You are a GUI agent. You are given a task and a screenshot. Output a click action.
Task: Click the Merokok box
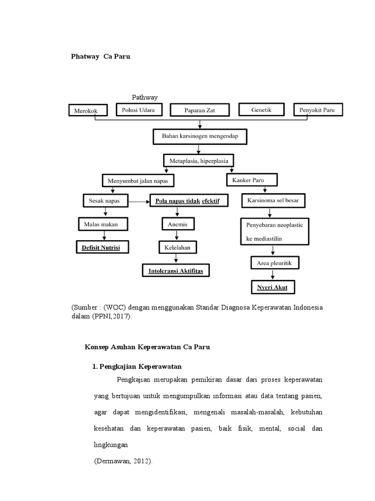(85, 111)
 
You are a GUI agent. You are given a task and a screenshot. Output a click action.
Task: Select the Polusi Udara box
(139, 110)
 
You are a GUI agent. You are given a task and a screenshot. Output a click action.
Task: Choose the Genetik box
(261, 110)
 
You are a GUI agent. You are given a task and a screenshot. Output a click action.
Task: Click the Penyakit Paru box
(318, 110)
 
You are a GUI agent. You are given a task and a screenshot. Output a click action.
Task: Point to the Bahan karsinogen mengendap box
(200, 137)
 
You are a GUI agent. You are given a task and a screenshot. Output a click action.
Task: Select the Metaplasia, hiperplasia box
(198, 160)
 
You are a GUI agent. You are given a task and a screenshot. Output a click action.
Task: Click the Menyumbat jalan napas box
(138, 181)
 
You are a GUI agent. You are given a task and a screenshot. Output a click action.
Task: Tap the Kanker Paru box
(252, 180)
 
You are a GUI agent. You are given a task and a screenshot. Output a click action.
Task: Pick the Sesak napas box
(104, 201)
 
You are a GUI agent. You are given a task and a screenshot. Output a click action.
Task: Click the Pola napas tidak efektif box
(188, 201)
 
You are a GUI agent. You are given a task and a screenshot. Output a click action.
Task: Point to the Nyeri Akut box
(272, 287)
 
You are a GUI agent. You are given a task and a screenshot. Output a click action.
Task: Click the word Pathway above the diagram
(145, 97)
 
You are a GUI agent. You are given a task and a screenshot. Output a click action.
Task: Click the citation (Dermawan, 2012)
(124, 461)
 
